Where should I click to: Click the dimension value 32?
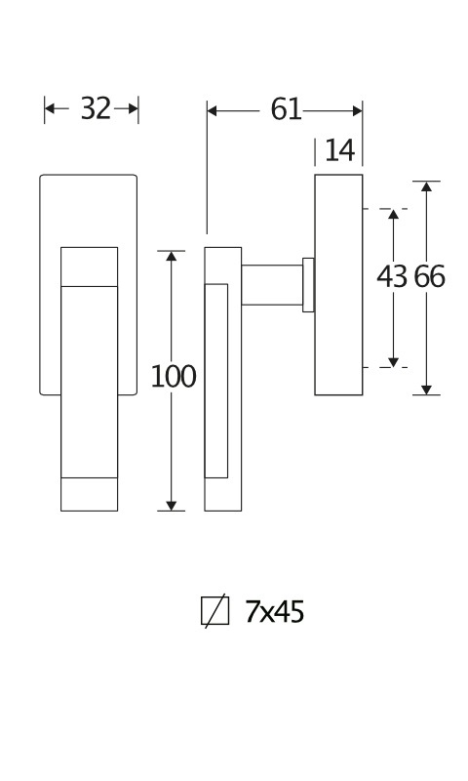pos(96,108)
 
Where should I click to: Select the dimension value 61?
pos(286,109)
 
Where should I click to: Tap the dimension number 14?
pos(339,150)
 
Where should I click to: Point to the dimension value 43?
pos(392,276)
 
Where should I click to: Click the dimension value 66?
pos(430,276)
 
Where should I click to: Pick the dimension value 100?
pos(174,377)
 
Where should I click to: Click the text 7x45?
pos(274,612)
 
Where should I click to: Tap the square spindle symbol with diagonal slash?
pos(214,611)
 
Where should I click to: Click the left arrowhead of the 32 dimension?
pos(50,108)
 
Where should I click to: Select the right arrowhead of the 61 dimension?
pos(357,110)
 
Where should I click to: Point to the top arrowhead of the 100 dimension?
pos(171,256)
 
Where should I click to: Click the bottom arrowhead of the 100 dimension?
pos(171,506)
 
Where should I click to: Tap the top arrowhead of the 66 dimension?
pos(426,186)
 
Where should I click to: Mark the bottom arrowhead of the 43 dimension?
pos(393,362)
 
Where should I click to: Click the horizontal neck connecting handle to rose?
pos(272,285)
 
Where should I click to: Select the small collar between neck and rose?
pos(308,285)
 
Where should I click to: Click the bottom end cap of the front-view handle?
pos(89,494)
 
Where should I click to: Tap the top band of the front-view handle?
pos(89,267)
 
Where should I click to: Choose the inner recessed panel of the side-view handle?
pos(216,381)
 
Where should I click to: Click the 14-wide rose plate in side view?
pos(338,285)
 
